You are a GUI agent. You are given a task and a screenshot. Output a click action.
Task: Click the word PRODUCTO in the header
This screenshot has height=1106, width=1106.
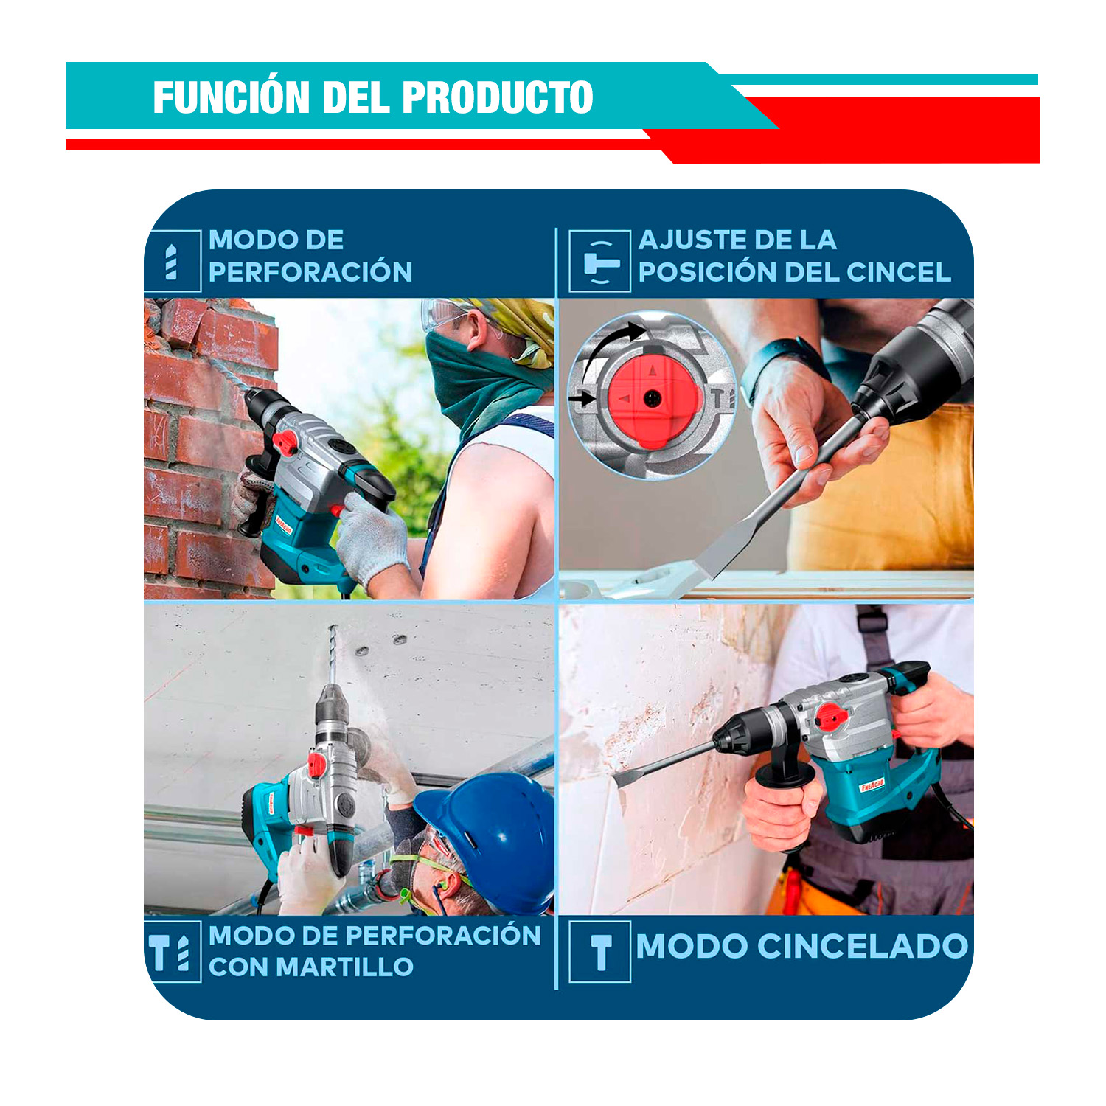[497, 97]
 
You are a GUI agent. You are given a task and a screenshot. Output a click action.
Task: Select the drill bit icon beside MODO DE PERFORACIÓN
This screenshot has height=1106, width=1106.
[172, 262]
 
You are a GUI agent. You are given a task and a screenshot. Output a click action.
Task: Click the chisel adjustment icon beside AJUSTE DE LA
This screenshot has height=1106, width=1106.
[600, 262]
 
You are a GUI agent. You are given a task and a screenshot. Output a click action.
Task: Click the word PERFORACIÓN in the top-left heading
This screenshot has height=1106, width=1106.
[310, 272]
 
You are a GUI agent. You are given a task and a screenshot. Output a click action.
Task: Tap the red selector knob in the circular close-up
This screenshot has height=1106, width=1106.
[652, 398]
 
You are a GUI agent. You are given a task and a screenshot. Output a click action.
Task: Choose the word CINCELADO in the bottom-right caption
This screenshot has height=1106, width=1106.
[863, 947]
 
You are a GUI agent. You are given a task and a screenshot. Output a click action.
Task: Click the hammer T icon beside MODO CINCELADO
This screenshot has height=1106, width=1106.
[601, 952]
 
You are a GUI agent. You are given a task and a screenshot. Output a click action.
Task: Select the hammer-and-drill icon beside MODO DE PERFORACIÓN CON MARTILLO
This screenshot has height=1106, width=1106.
[170, 953]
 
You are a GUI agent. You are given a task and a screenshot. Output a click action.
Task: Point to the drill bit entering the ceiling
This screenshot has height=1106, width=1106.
[333, 655]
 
